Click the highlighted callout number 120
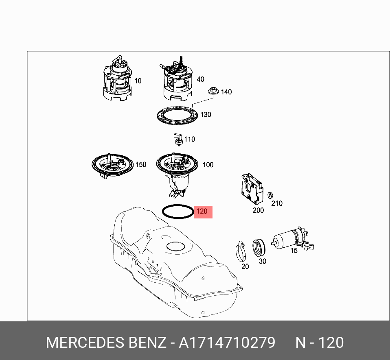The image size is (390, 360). point(202,212)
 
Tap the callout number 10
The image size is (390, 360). point(138,81)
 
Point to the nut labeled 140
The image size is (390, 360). point(213,91)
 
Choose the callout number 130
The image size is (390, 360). point(206,115)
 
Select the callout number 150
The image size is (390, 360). point(140,165)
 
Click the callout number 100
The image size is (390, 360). point(208,165)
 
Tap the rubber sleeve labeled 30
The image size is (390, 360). point(259,248)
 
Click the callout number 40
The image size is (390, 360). point(200,79)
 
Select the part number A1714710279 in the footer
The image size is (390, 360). point(227,343)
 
